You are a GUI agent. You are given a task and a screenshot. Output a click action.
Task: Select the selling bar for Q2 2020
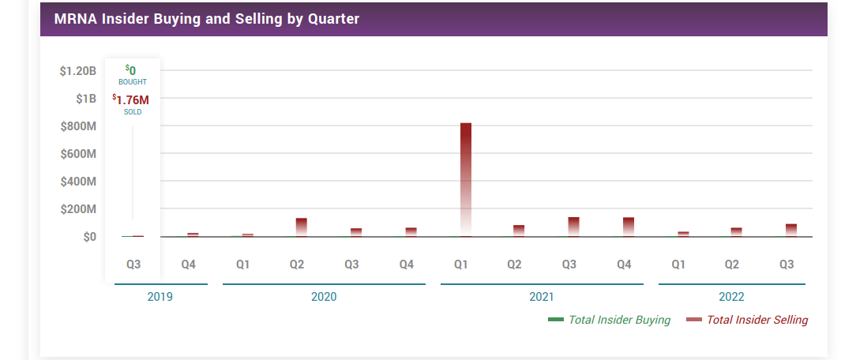pyautogui.click(x=301, y=227)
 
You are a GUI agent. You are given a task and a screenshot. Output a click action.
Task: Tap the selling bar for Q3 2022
pyautogui.click(x=791, y=230)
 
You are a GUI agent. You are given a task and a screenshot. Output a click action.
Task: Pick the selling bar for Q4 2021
pyautogui.click(x=629, y=227)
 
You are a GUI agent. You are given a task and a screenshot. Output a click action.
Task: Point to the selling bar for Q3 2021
pyautogui.click(x=574, y=227)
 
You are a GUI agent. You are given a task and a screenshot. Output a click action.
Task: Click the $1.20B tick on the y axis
pyautogui.click(x=77, y=71)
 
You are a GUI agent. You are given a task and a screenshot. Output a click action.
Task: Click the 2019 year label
pyautogui.click(x=160, y=298)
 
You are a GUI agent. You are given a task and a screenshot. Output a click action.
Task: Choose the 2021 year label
pyautogui.click(x=541, y=298)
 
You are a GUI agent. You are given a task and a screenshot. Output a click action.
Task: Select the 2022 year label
pyautogui.click(x=731, y=298)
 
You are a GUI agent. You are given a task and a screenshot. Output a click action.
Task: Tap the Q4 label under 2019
pyautogui.click(x=188, y=264)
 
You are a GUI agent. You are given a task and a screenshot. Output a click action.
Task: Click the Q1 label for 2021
pyautogui.click(x=460, y=264)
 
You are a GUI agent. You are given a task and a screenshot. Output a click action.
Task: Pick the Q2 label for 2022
pyautogui.click(x=732, y=264)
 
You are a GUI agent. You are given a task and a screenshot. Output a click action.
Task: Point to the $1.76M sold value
pyautogui.click(x=132, y=99)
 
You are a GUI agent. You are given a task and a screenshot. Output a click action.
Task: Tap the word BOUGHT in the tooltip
pyautogui.click(x=133, y=82)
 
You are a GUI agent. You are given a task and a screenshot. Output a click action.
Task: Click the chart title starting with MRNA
pyautogui.click(x=206, y=19)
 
